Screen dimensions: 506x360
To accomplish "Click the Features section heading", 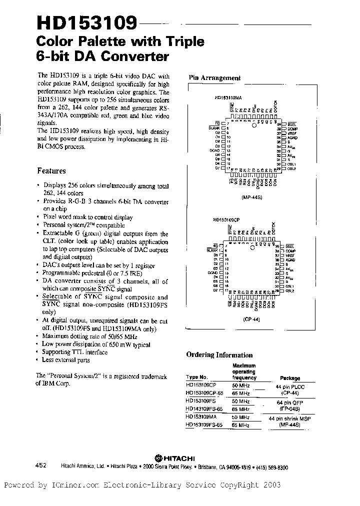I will [x=51, y=170].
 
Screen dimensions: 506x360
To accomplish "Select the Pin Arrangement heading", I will [x=214, y=78].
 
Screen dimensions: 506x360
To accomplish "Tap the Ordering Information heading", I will [x=219, y=355].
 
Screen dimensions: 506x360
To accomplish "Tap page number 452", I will [x=41, y=465].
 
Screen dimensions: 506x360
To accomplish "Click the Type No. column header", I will [x=196, y=378].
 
